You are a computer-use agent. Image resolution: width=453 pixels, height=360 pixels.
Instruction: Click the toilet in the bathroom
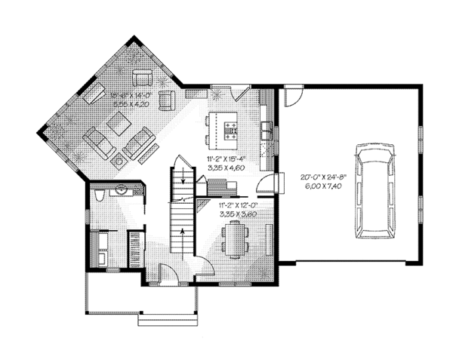click(x=100, y=198)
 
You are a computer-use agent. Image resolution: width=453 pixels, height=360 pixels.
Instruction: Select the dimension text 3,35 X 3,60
click(x=234, y=214)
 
